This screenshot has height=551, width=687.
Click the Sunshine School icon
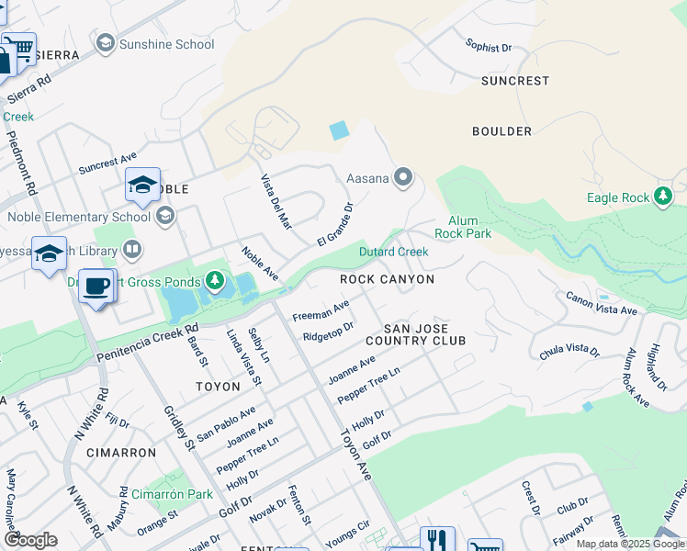105,43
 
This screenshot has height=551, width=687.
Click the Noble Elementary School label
78,218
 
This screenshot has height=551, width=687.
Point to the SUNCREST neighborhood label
514,81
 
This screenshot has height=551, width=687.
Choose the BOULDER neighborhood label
501,131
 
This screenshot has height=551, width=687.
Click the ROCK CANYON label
386,279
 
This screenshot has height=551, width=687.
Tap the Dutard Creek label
393,252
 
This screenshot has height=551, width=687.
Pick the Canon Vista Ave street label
602,305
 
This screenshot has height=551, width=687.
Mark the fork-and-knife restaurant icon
437,542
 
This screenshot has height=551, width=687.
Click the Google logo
29,541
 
